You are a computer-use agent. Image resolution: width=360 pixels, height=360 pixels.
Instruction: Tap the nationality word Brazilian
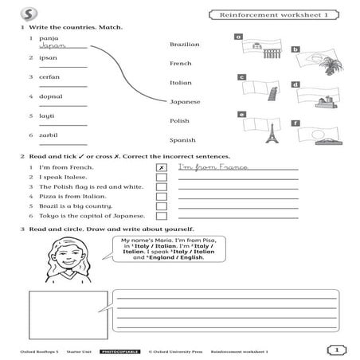click(185, 45)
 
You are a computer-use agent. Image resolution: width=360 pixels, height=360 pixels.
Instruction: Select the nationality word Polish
click(179, 121)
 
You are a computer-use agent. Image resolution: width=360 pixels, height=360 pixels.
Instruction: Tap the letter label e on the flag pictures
click(241, 115)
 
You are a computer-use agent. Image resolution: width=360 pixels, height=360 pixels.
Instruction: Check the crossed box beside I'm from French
click(162, 168)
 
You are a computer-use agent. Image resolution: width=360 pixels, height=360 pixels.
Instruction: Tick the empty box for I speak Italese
click(162, 178)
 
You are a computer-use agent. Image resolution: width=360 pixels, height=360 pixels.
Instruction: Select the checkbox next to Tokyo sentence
click(162, 216)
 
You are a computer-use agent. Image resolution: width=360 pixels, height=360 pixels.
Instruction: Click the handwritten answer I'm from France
click(213, 167)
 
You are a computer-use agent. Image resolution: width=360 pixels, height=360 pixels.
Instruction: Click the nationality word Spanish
click(182, 140)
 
